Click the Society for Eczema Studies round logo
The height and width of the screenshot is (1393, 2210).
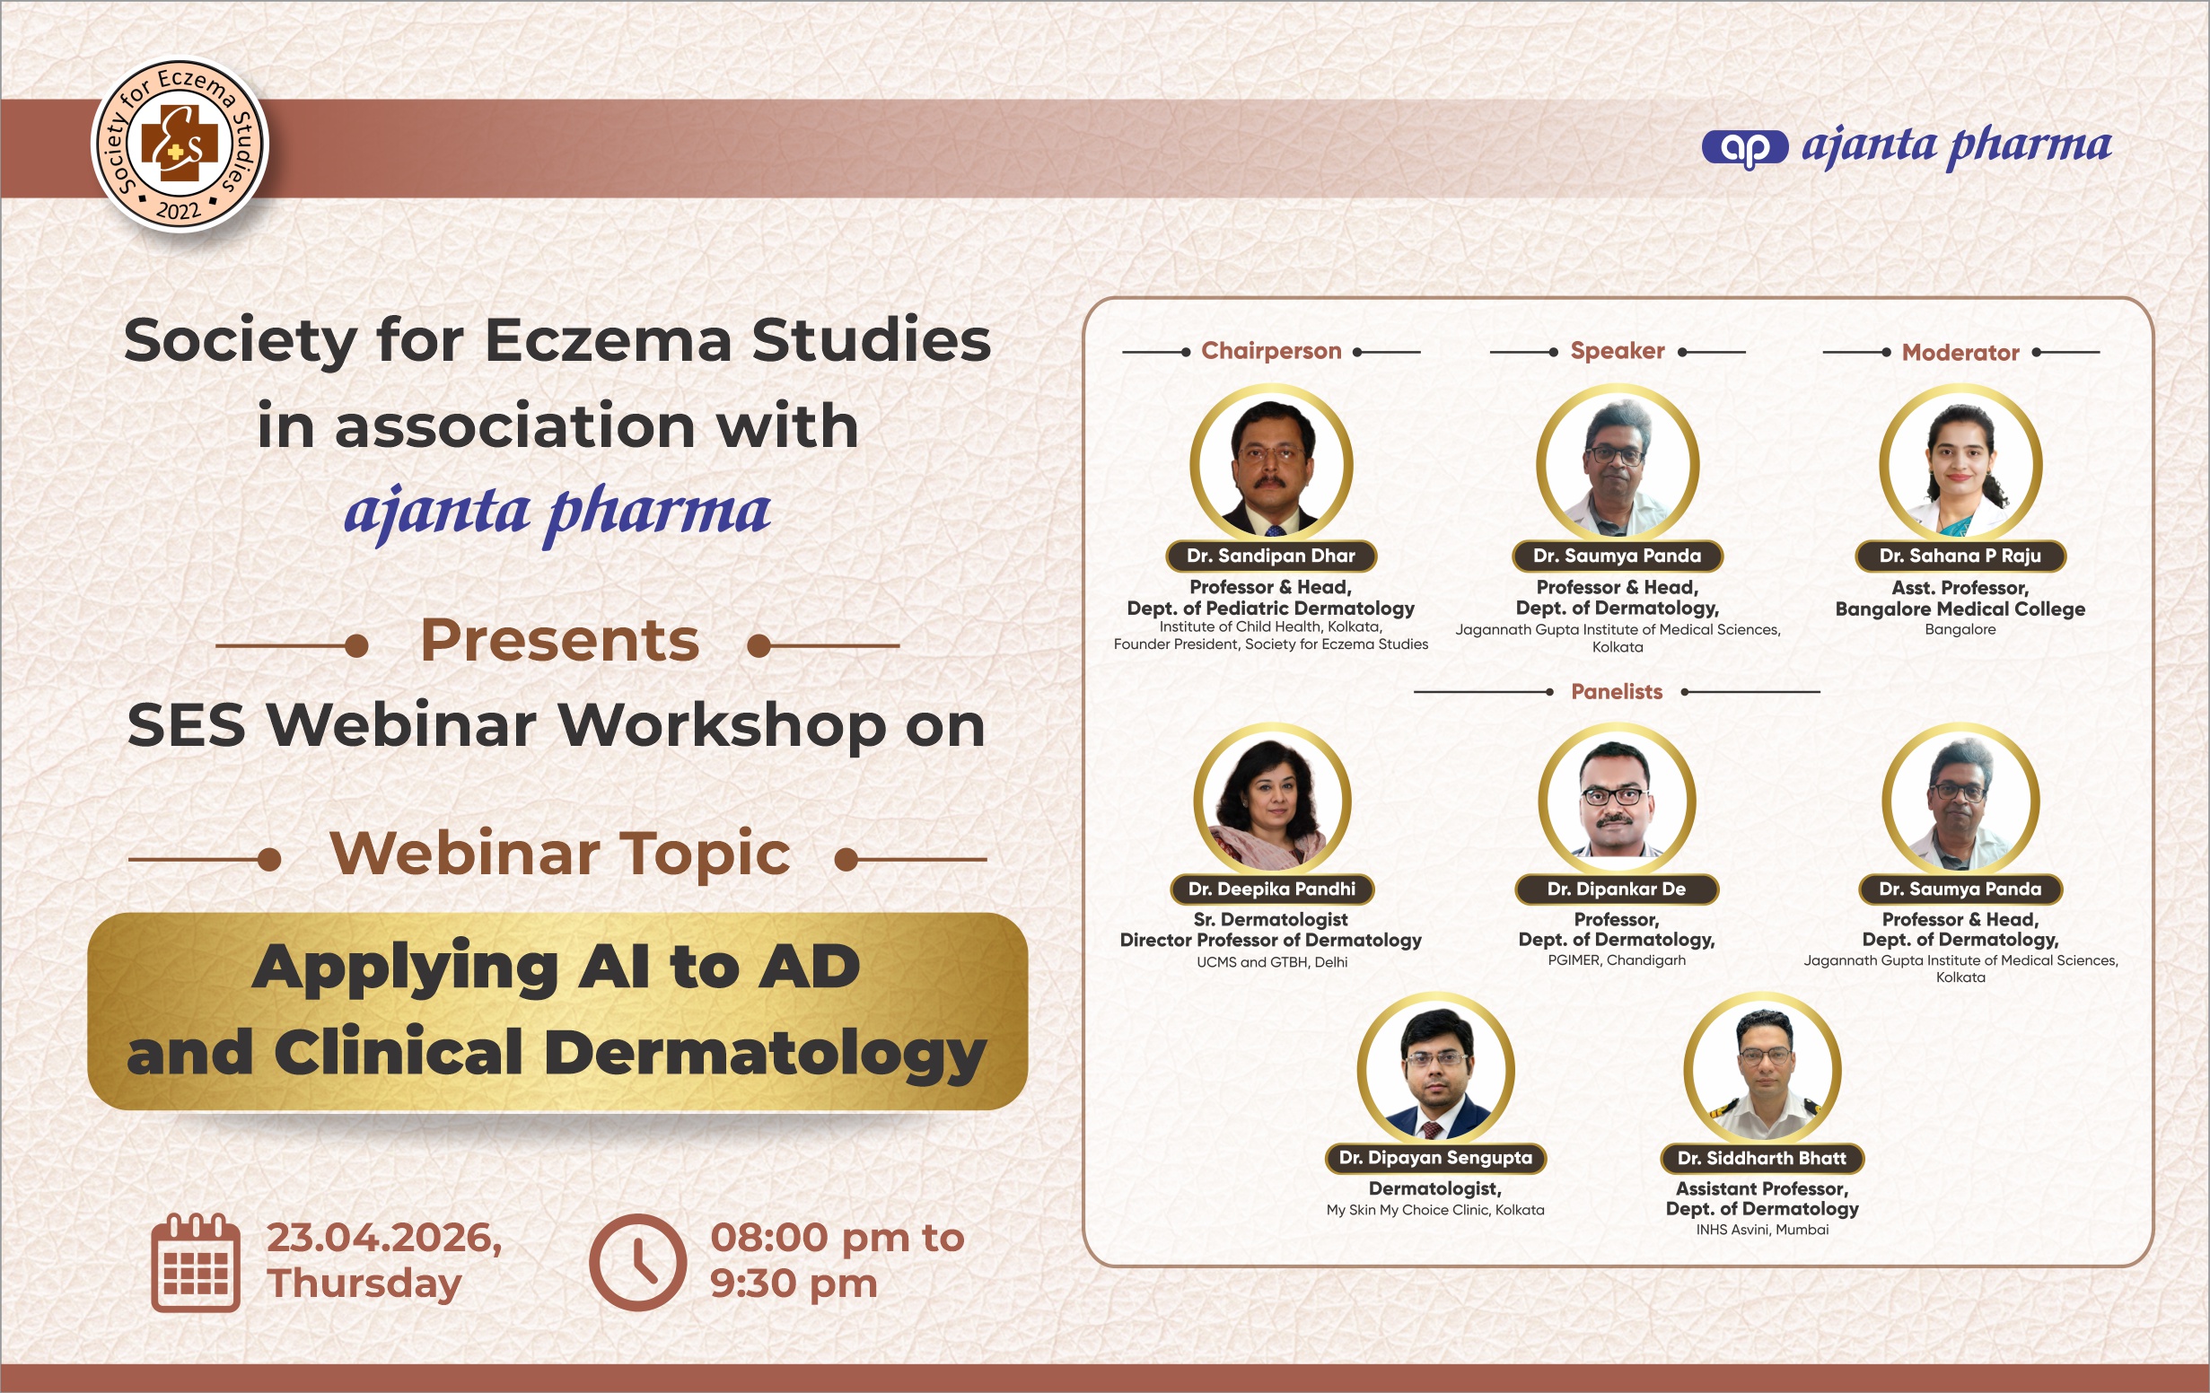click(180, 145)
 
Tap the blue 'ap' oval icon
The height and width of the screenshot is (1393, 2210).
click(1745, 148)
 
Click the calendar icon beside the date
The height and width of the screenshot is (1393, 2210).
click(196, 1262)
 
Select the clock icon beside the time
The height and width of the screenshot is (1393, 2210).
click(638, 1262)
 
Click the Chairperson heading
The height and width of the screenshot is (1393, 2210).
click(1271, 351)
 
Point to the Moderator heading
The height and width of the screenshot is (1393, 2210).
click(1960, 353)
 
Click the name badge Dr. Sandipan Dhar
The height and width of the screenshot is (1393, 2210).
click(1271, 556)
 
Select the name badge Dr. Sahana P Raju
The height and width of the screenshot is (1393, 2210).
click(1960, 556)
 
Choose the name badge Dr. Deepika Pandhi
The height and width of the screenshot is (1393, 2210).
click(1271, 889)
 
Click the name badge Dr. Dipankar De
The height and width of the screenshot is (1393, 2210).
click(1616, 889)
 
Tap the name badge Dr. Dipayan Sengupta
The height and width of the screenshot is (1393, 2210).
click(1435, 1158)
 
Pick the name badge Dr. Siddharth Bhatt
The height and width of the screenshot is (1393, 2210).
click(1762, 1158)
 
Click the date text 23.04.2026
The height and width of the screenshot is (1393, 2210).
click(384, 1238)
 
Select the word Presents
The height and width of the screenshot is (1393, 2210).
click(560, 640)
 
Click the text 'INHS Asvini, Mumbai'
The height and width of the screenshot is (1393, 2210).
click(1762, 1230)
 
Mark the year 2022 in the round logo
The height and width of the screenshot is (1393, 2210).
click(179, 211)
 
